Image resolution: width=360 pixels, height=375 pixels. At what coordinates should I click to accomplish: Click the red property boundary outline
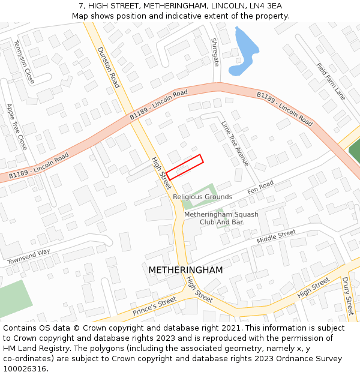[184, 167]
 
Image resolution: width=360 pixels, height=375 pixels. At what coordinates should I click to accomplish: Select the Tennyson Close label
[24, 61]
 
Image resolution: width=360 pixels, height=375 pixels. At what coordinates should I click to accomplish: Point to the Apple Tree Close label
[16, 126]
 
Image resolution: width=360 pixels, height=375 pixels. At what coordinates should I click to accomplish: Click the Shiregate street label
[215, 52]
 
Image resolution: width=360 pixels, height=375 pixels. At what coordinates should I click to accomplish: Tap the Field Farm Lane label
[331, 82]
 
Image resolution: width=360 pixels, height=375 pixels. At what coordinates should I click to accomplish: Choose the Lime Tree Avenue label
[235, 143]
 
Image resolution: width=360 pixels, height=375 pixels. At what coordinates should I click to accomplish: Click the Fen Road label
[260, 187]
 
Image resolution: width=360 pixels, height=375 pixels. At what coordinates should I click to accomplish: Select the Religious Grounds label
[202, 197]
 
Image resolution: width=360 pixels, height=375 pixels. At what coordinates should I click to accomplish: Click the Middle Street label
[276, 236]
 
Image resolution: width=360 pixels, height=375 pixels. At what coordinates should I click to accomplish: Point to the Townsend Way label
[29, 257]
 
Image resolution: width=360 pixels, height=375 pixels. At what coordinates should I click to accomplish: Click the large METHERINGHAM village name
[185, 270]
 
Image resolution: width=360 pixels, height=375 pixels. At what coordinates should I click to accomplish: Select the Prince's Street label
[155, 305]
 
